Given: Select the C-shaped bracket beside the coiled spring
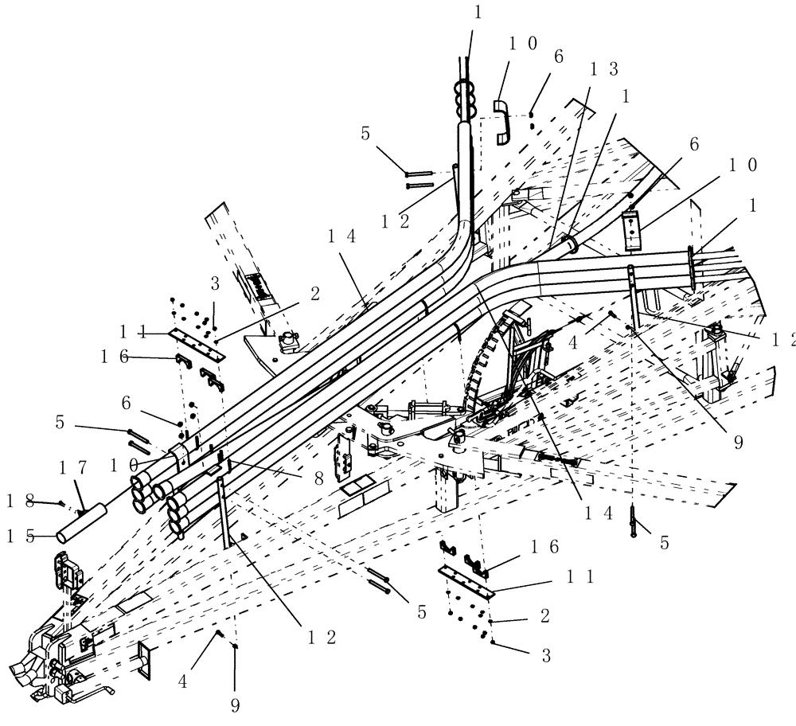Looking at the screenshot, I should point(501,122).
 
